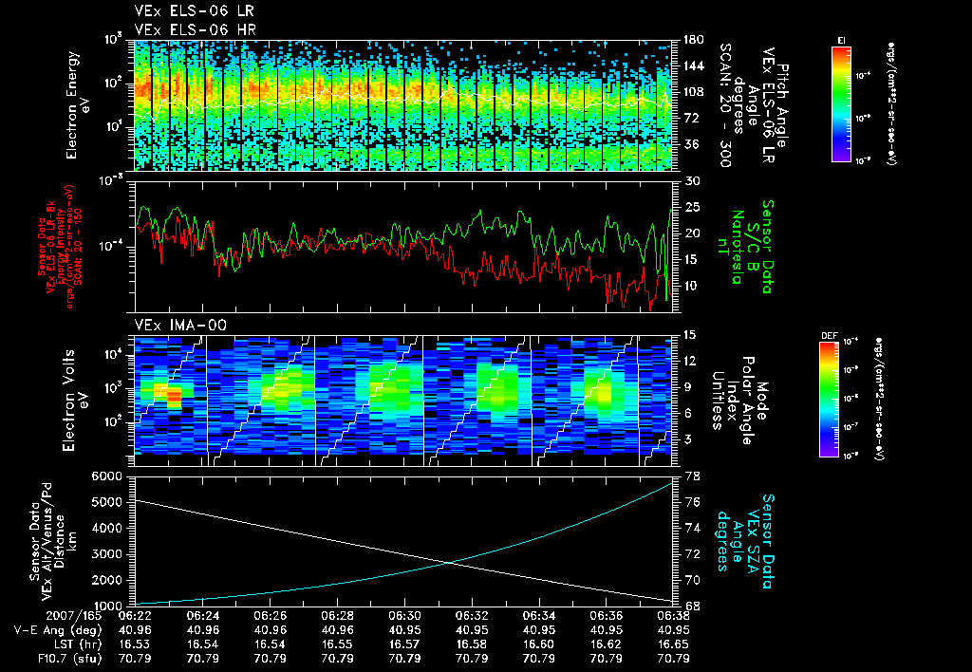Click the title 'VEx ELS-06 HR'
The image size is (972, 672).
click(x=185, y=29)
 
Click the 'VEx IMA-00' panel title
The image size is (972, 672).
click(x=172, y=325)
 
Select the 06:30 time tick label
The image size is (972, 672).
click(x=405, y=615)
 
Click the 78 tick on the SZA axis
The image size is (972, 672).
click(x=692, y=476)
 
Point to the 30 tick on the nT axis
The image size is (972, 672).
click(x=692, y=180)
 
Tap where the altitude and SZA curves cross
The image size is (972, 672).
click(x=449, y=563)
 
